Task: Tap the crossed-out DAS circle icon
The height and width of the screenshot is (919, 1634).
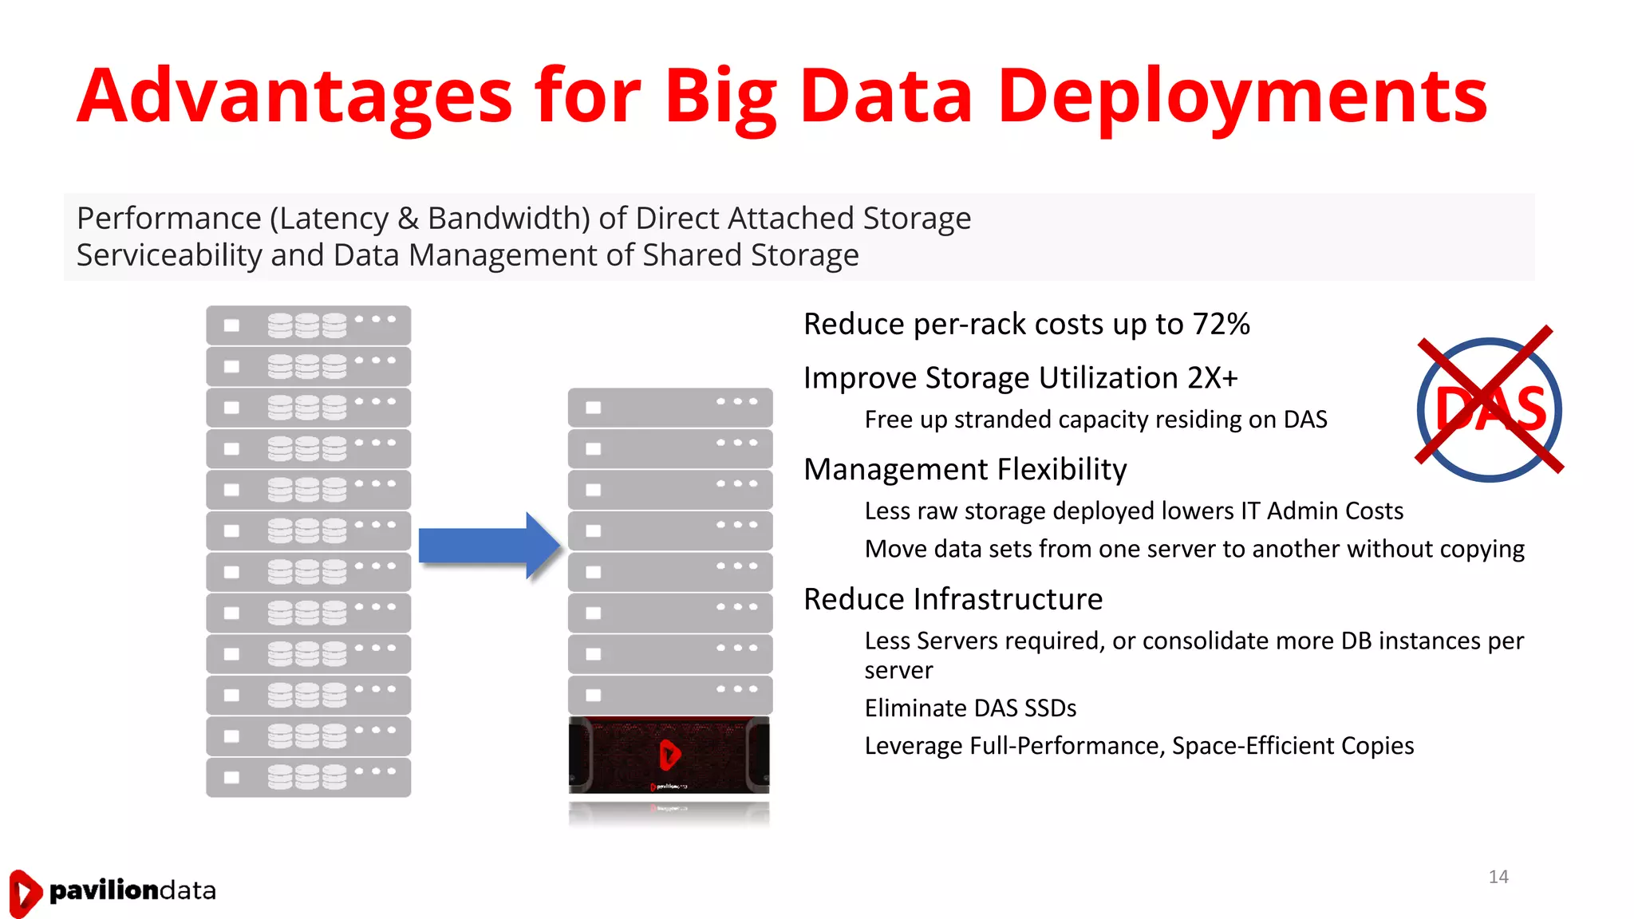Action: point(1489,408)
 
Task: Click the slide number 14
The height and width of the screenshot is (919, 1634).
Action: point(1498,877)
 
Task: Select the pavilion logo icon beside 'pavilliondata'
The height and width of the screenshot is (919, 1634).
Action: point(25,892)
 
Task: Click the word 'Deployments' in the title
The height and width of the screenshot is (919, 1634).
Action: point(1241,97)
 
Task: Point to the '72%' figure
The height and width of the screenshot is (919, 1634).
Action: point(1221,324)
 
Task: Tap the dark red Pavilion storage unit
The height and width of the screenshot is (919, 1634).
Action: point(669,755)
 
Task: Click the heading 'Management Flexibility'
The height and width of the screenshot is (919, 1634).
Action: point(965,469)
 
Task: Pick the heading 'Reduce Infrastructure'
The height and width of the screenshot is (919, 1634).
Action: point(953,599)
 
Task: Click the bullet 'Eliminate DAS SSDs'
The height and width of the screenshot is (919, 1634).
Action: point(970,708)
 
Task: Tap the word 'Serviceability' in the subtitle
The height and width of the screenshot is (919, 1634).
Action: point(168,255)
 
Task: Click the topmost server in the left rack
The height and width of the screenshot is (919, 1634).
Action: point(308,325)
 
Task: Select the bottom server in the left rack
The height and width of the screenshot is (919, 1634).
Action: point(308,777)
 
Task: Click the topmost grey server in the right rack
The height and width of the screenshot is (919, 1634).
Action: point(670,408)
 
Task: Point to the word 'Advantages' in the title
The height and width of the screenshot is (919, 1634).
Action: point(294,97)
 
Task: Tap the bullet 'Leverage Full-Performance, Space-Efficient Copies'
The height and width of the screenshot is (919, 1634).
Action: point(1139,746)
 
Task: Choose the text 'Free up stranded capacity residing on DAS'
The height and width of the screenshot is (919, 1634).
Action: point(1095,420)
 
